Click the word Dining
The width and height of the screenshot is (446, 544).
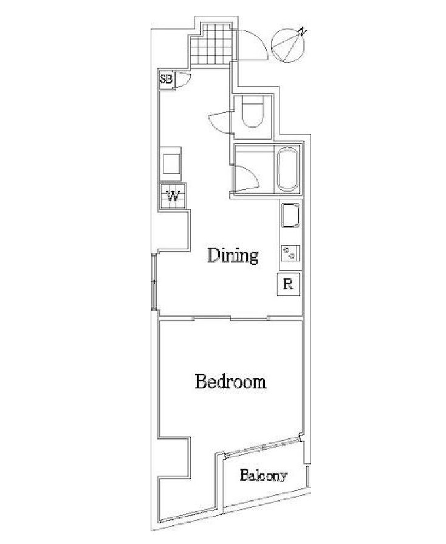(x=233, y=256)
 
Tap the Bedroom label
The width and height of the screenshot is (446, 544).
(x=231, y=381)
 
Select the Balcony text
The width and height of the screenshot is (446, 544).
(x=263, y=475)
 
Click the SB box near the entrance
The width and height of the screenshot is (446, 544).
(x=166, y=79)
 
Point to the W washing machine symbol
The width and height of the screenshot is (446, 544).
(x=173, y=196)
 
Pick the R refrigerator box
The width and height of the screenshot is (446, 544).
(x=288, y=284)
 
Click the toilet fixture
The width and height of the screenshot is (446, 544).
(x=253, y=111)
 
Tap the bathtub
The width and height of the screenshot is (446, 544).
(x=287, y=170)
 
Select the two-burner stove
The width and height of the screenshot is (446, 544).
(x=290, y=253)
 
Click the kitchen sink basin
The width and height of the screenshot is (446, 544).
(x=290, y=215)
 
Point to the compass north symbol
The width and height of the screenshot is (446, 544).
(x=289, y=45)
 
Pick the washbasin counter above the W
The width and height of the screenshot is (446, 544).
(x=171, y=164)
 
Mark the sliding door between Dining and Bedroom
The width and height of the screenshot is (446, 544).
(x=230, y=318)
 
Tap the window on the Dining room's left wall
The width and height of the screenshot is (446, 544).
(x=154, y=281)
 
